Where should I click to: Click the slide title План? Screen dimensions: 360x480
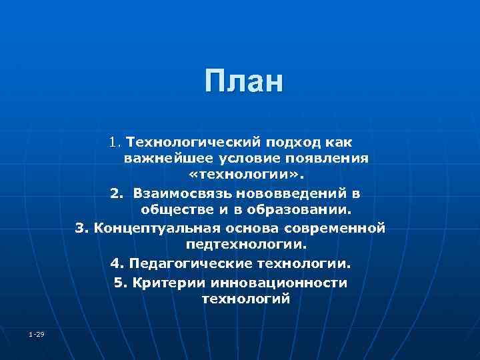244,81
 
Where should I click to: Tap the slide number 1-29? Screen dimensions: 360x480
37,333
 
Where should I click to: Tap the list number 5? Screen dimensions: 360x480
119,282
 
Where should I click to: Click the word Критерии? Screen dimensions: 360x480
167,282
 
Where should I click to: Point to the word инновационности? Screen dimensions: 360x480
279,282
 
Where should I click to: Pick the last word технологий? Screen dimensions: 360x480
245,299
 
